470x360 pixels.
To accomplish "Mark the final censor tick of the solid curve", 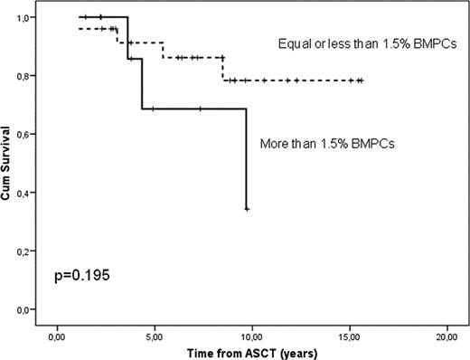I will [247, 209].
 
